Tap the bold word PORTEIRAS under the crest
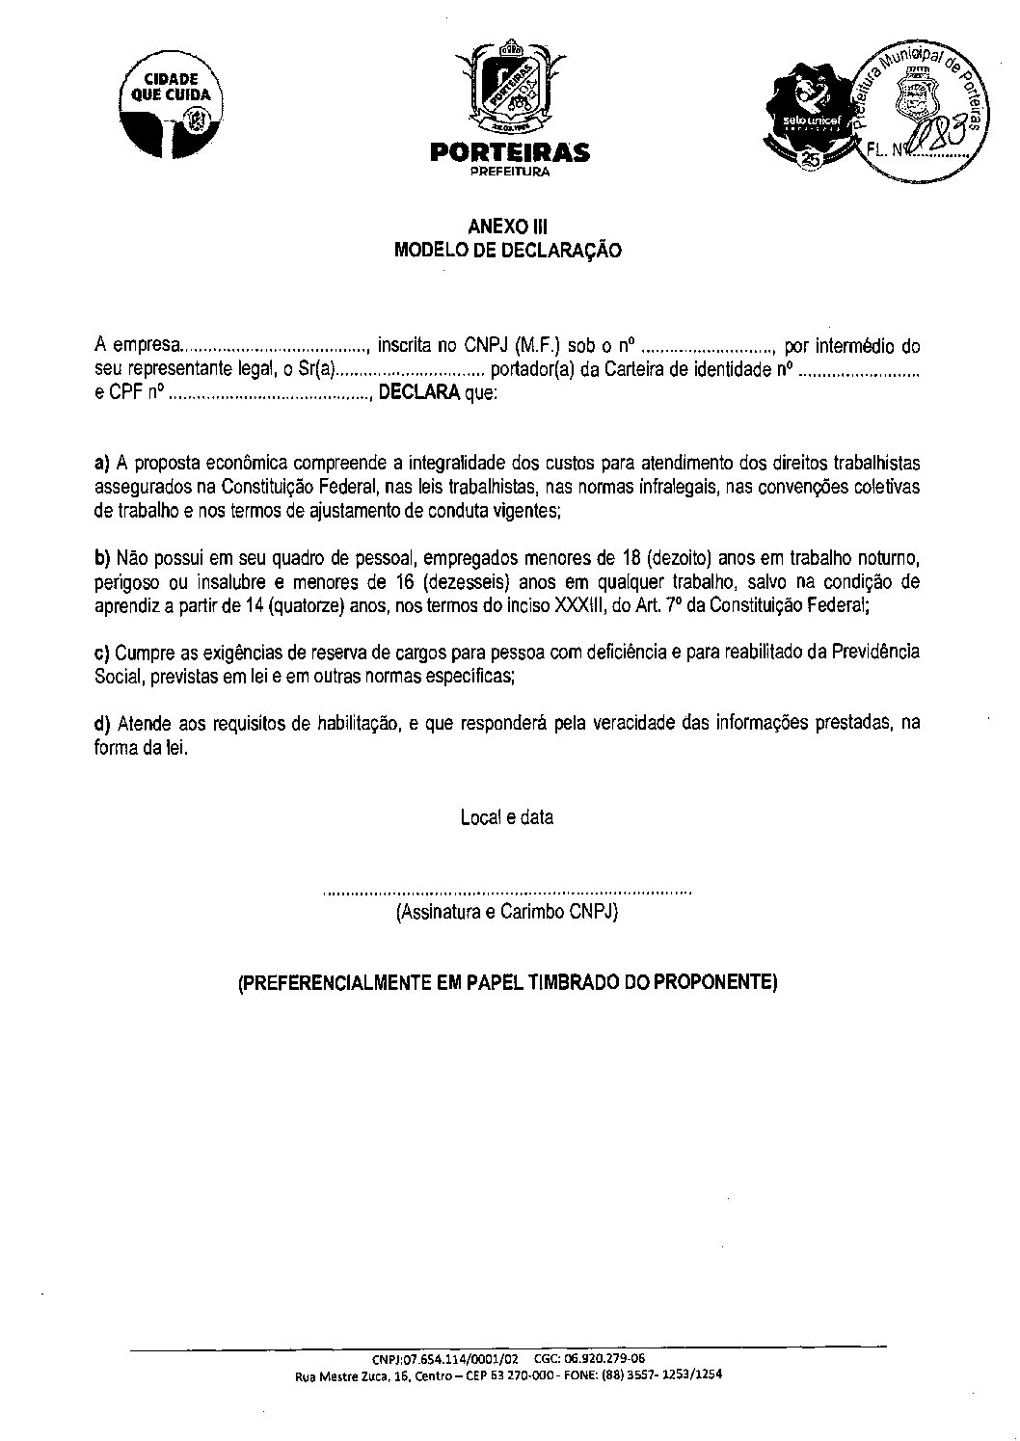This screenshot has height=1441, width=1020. (509, 153)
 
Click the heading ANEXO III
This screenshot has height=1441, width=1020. (507, 227)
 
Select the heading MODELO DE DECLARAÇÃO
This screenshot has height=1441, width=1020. (508, 251)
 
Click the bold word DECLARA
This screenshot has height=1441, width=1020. (419, 394)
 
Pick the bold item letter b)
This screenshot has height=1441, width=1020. (102, 557)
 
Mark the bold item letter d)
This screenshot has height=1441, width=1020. (102, 723)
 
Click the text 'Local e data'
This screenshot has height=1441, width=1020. (507, 817)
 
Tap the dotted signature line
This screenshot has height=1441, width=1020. (508, 894)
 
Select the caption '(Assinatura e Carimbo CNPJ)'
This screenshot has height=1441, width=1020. (507, 912)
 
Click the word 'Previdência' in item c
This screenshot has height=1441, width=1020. (874, 653)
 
